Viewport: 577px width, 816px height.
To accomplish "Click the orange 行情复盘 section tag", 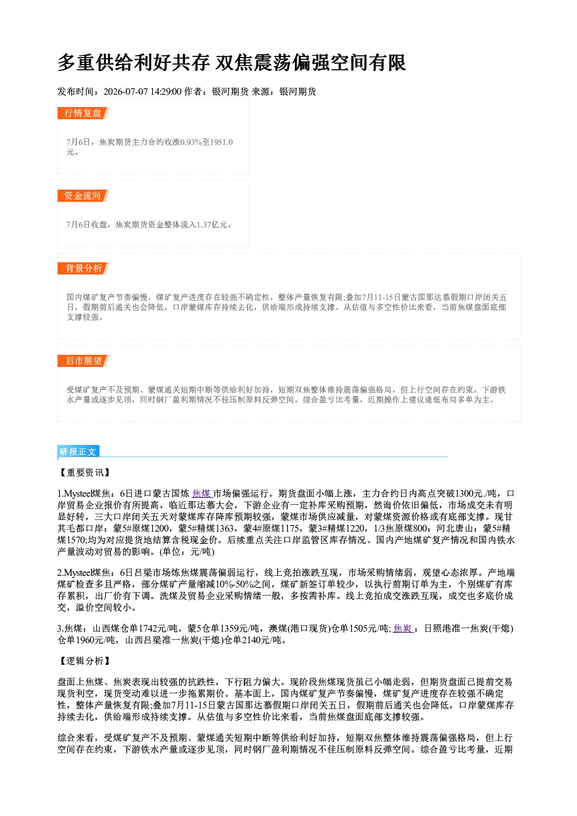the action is (83, 113).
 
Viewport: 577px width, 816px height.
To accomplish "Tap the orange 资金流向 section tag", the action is (83, 195).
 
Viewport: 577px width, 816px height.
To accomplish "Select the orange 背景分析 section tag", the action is (83, 269).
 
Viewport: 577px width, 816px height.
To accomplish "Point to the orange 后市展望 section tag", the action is (83, 361).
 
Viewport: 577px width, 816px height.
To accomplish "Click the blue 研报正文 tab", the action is (78, 452).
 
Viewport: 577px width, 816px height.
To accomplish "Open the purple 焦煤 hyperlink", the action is (202, 494).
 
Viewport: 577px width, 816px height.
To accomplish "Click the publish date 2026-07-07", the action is (126, 91).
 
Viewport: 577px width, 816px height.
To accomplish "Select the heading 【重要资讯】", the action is (84, 472).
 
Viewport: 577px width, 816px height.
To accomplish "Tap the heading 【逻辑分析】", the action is (84, 661).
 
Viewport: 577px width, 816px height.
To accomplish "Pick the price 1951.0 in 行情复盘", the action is (222, 142).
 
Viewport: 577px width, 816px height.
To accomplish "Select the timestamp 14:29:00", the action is (166, 91).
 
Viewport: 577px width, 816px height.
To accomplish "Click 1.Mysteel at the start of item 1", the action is (74, 494).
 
